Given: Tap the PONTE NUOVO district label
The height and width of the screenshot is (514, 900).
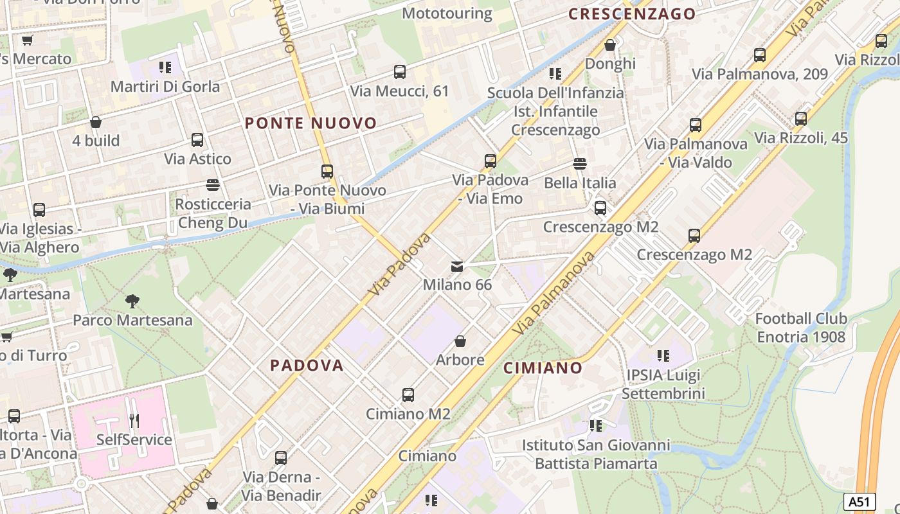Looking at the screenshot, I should [x=310, y=123].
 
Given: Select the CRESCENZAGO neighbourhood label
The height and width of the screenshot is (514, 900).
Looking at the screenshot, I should [x=633, y=14].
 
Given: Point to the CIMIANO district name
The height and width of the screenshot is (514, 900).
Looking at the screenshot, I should [x=543, y=368].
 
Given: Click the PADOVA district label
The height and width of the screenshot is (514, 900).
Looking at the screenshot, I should [x=307, y=365].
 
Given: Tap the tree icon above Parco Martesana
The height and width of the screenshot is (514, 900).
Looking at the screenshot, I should [x=132, y=301].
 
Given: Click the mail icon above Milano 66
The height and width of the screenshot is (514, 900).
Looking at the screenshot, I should [x=457, y=266].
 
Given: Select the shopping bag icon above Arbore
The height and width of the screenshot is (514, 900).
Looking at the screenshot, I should [x=460, y=341].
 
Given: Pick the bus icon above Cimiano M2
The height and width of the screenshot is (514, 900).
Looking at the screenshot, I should [x=408, y=394].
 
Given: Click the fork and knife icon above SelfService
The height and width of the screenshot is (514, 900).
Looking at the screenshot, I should [x=134, y=421].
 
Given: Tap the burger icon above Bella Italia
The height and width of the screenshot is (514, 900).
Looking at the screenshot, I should [x=580, y=164].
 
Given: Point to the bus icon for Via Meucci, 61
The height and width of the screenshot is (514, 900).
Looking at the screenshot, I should [x=400, y=72].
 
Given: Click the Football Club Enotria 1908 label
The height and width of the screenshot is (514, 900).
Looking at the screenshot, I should [x=801, y=328].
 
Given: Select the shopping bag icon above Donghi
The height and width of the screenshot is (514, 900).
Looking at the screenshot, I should [x=610, y=45].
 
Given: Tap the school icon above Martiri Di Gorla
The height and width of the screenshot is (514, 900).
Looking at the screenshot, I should [x=165, y=67].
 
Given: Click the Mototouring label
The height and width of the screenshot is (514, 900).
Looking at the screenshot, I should [x=447, y=13].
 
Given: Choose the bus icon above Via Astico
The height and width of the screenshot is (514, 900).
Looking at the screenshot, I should [x=197, y=139].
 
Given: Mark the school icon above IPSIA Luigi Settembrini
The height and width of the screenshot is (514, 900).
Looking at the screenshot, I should [x=663, y=355].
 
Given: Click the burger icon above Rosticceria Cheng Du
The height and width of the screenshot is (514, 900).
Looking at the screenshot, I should [x=213, y=185].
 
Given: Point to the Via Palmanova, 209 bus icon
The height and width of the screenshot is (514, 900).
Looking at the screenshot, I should [x=760, y=55].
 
